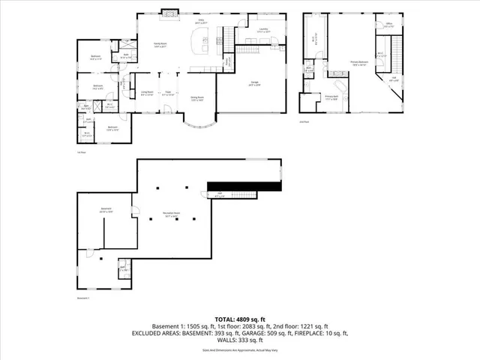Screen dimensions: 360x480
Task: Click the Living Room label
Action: coord(147,92)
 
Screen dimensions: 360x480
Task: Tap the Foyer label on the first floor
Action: coord(170,93)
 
